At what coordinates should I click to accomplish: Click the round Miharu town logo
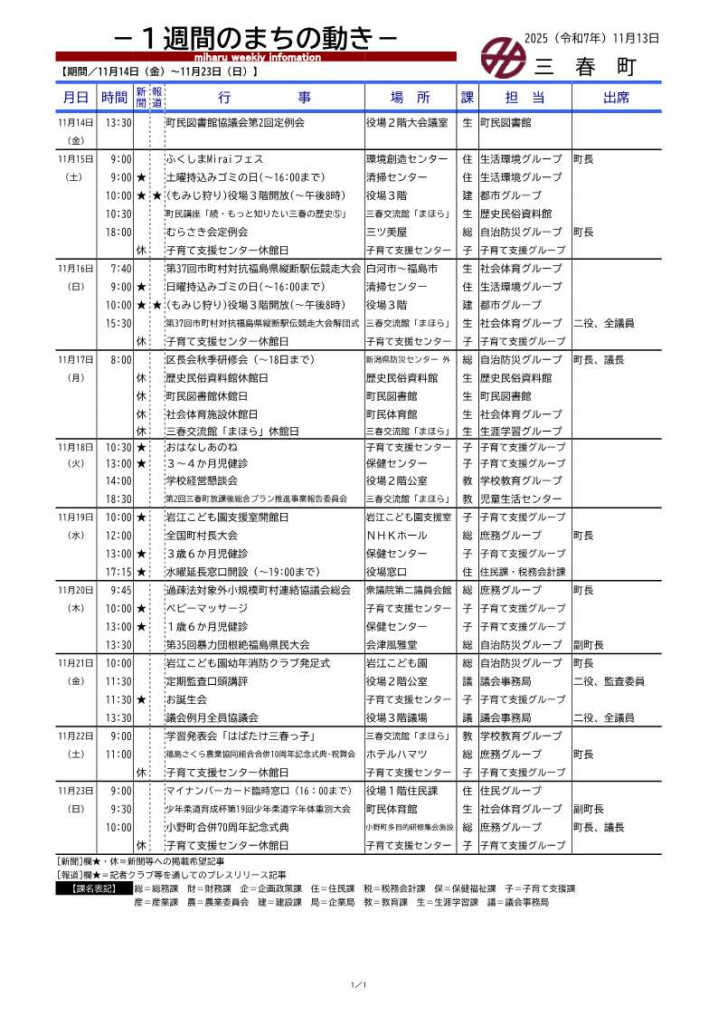(x=497, y=58)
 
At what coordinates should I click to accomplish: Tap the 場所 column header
(x=410, y=97)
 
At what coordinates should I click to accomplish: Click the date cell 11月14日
(x=75, y=122)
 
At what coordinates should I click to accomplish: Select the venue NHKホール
(x=395, y=536)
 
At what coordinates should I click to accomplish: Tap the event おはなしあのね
(x=201, y=447)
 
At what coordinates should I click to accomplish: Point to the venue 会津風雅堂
(x=392, y=645)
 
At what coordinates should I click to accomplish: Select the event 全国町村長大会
(x=202, y=536)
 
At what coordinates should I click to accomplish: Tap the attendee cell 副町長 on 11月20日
(x=588, y=645)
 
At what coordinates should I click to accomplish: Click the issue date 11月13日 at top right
(x=636, y=39)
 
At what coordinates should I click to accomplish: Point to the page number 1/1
(x=358, y=984)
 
